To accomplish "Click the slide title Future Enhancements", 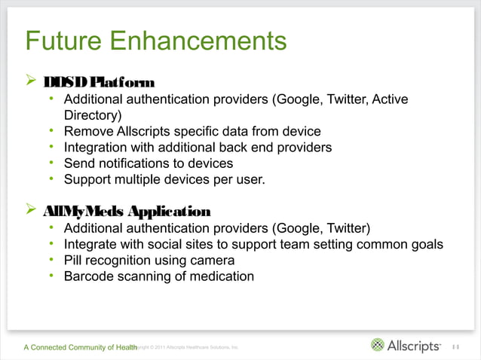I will (156, 40).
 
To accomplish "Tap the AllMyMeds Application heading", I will (127, 210).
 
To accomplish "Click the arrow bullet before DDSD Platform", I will (30, 81).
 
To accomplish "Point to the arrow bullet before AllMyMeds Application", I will (30, 209).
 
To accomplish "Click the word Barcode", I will (90, 276).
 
